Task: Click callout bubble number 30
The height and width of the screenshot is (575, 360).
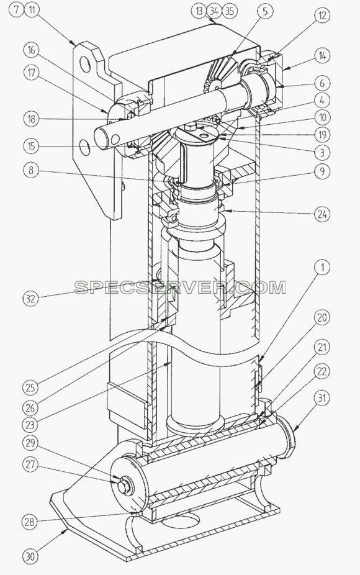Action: click(31, 556)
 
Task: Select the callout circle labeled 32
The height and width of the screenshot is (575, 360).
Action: click(31, 298)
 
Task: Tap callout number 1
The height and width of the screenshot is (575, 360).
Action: click(322, 268)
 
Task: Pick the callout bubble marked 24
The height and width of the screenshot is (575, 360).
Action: click(322, 214)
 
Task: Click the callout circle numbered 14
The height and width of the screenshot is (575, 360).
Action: click(322, 56)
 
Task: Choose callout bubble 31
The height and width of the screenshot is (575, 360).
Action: click(322, 398)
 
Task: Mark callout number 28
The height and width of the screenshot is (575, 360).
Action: click(31, 521)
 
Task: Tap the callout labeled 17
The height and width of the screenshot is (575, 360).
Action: click(31, 73)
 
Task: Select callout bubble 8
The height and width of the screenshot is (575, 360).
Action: click(31, 170)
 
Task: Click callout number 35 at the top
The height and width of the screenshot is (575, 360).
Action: click(230, 11)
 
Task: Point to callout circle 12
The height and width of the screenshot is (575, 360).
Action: click(322, 16)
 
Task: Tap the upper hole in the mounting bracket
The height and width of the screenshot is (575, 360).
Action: click(85, 65)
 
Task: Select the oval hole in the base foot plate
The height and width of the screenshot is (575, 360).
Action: click(181, 522)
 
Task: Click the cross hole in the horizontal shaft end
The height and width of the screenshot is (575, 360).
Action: click(115, 138)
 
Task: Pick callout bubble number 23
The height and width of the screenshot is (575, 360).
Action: click(31, 425)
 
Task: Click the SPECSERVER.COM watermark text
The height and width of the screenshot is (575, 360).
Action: click(180, 287)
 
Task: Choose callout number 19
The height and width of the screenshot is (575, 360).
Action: click(322, 135)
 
